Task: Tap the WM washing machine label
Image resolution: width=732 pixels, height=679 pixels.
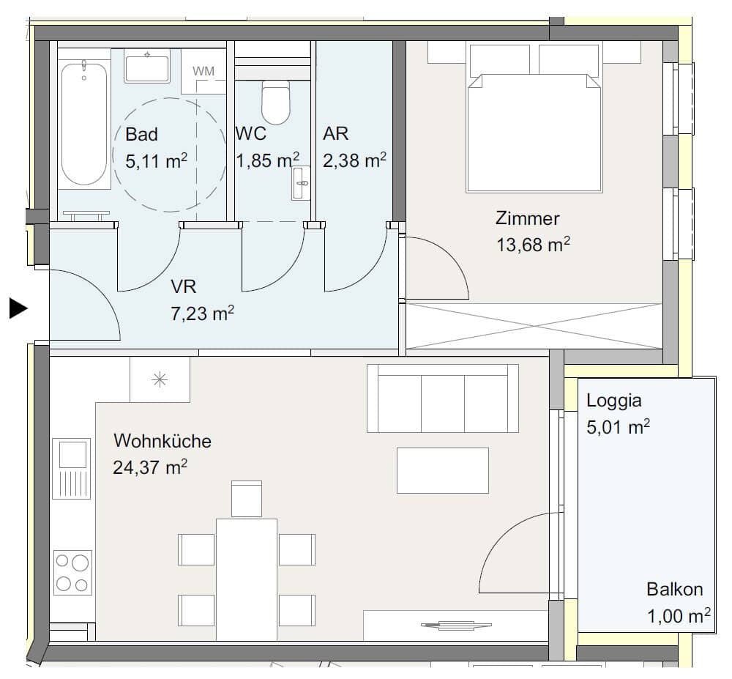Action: coord(203,72)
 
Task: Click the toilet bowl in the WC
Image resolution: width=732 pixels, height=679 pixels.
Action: coord(276,102)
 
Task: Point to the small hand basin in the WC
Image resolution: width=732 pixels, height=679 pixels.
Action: coord(301,182)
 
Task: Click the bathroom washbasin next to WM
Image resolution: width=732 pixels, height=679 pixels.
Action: coord(147,66)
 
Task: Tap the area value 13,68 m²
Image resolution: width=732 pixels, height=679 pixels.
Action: coord(533,244)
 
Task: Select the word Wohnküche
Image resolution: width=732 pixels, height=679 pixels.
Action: coord(163,441)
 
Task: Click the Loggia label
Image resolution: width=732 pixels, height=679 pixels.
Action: coord(614,401)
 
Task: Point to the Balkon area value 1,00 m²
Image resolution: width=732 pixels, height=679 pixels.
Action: coord(679,616)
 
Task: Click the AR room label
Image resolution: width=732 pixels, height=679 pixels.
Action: coord(336,133)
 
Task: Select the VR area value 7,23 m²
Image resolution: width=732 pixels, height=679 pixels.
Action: coord(202,313)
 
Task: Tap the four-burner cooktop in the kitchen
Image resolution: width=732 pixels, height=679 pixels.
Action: coord(72,573)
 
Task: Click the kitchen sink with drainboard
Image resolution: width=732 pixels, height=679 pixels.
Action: coord(72,468)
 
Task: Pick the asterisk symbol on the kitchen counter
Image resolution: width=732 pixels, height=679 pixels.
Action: coord(160,379)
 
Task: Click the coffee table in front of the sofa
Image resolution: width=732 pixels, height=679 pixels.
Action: coord(443,470)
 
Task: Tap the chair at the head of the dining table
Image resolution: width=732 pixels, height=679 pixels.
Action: coord(247,499)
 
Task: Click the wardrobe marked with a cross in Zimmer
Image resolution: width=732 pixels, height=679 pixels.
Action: coord(534,326)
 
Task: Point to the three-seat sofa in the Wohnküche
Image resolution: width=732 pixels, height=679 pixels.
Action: coord(443,398)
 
